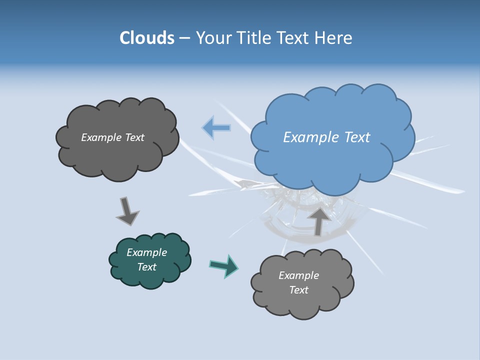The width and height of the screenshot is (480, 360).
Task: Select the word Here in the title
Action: pyautogui.click(x=335, y=38)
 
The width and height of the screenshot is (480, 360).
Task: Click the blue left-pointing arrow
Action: pyautogui.click(x=216, y=127)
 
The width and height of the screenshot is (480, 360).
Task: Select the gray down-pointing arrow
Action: pyautogui.click(x=127, y=210)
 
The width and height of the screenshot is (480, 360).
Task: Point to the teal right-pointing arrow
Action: pyautogui.click(x=224, y=265)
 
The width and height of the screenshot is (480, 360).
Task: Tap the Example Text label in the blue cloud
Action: pyautogui.click(x=326, y=137)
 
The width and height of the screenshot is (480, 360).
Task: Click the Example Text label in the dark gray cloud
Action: pyautogui.click(x=112, y=137)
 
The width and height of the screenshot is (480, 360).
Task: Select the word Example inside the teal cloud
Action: pyautogui.click(x=146, y=252)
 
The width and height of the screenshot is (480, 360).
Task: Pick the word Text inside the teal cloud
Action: pyautogui.click(x=146, y=267)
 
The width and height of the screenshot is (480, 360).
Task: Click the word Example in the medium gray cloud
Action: pyautogui.click(x=298, y=275)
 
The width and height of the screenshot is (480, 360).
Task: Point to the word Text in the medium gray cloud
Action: pyautogui.click(x=298, y=290)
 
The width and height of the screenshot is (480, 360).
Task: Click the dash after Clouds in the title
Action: pyautogui.click(x=184, y=38)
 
